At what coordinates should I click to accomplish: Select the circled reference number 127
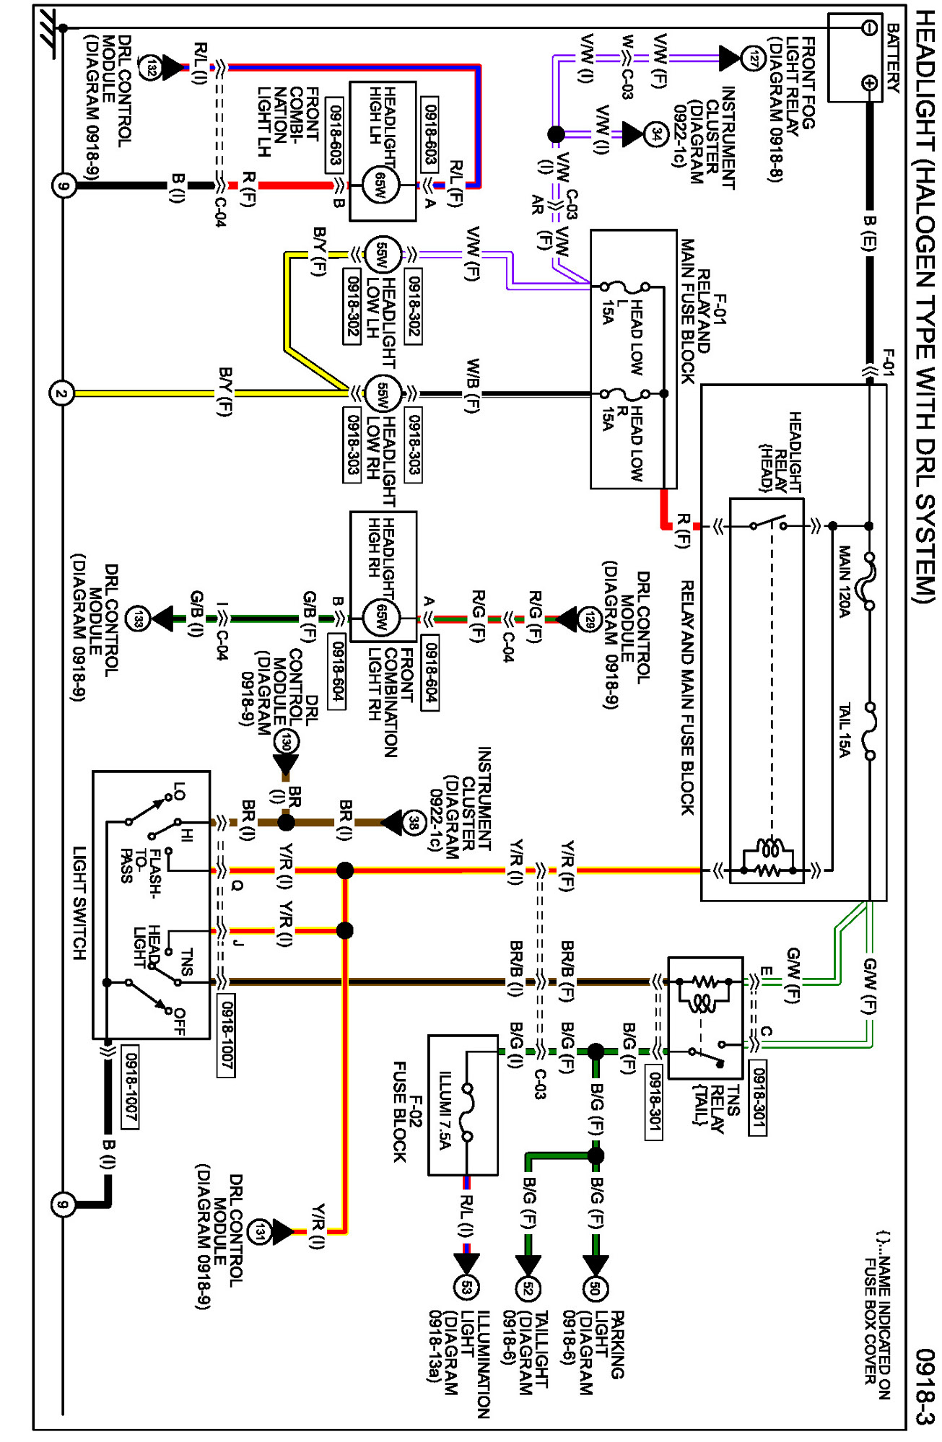click(754, 58)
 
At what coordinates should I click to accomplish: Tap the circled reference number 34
click(655, 134)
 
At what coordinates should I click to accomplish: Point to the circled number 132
click(149, 68)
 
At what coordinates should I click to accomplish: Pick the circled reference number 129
click(590, 619)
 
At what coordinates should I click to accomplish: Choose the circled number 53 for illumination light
click(466, 1287)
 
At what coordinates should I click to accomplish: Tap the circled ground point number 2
click(61, 394)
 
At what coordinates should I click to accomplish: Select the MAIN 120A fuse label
click(844, 582)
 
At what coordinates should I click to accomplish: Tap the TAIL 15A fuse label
click(844, 730)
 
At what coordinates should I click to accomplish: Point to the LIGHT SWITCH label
click(79, 903)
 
